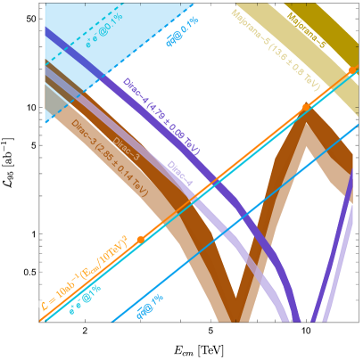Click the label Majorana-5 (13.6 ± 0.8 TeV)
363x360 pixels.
[276, 50]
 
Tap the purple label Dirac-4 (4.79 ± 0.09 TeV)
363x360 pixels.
[161, 116]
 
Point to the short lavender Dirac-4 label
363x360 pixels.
[179, 174]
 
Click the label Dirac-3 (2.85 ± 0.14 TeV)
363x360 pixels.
[110, 156]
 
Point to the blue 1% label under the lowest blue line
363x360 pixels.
[149, 305]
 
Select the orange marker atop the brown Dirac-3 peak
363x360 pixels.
[305, 107]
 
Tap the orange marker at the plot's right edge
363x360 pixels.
[352, 70]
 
